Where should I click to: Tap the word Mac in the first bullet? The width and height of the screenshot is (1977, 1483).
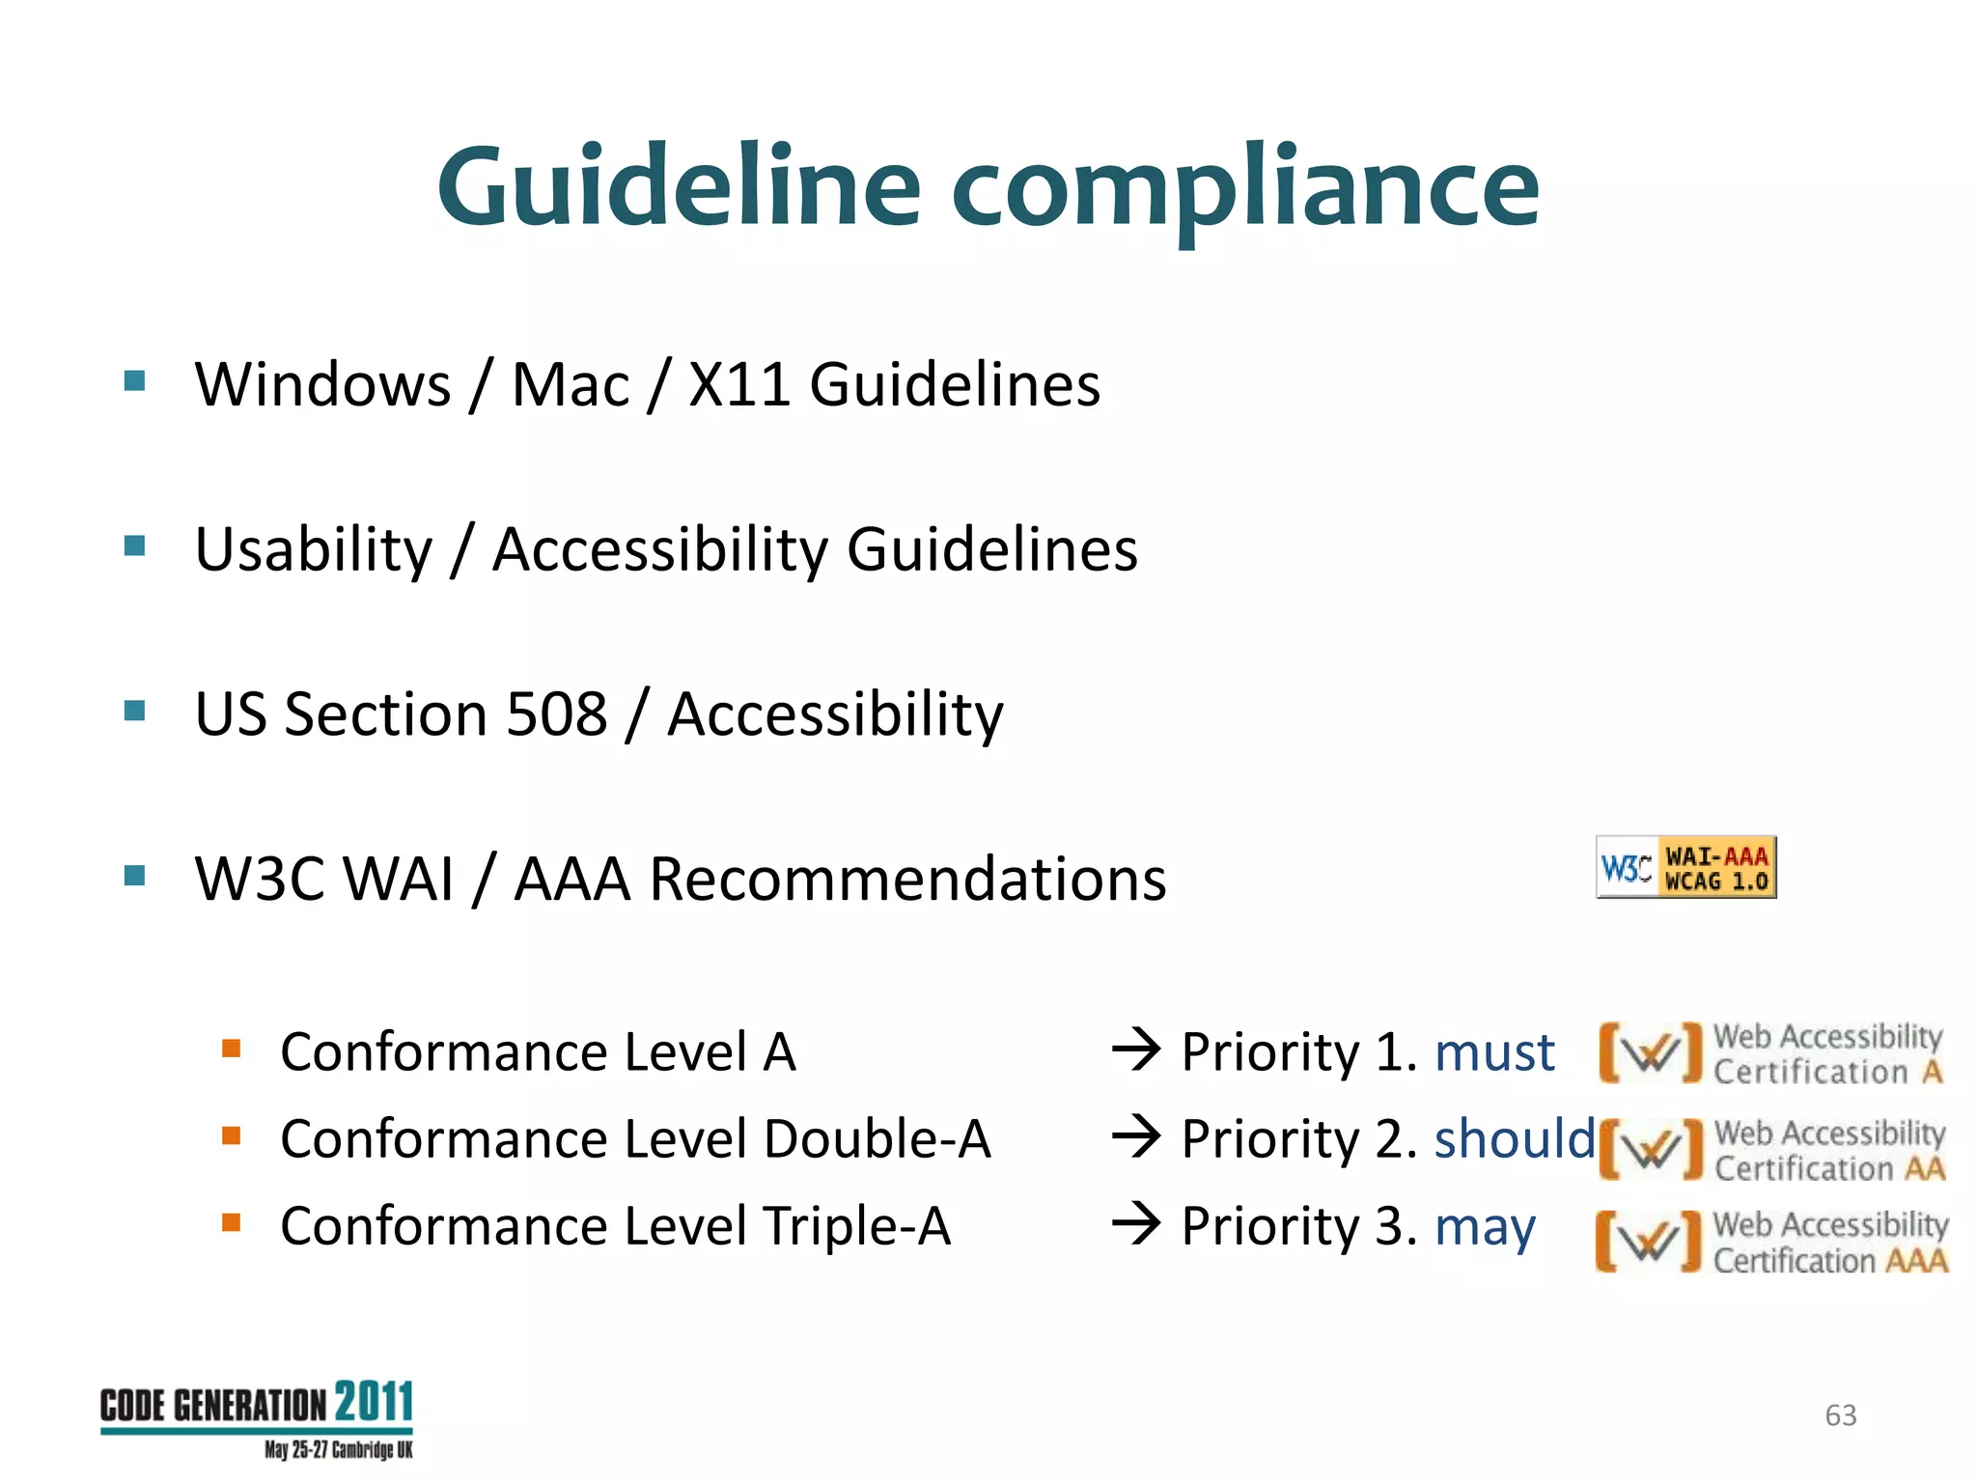(570, 384)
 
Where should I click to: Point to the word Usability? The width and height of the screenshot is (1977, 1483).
(314, 550)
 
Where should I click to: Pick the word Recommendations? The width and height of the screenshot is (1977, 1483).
(907, 879)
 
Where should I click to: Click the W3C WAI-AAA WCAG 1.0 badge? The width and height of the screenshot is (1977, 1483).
(1685, 867)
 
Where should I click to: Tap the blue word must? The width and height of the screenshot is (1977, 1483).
(1494, 1051)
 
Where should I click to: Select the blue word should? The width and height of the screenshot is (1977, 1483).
(1514, 1138)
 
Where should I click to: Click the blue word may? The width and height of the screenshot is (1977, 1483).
(1485, 1227)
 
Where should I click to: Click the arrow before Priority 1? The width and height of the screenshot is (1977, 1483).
(1136, 1049)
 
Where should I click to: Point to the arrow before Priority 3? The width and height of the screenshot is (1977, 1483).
(1136, 1224)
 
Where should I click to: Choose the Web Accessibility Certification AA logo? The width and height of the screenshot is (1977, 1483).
(1771, 1150)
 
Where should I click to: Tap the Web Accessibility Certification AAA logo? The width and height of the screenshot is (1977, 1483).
(1771, 1243)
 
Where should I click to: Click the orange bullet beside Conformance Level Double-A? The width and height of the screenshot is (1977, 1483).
(231, 1135)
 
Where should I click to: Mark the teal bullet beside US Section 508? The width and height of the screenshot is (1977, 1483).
(135, 712)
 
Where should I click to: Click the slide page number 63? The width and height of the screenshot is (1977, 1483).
(1840, 1415)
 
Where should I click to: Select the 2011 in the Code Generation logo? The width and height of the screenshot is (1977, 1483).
(374, 1402)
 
